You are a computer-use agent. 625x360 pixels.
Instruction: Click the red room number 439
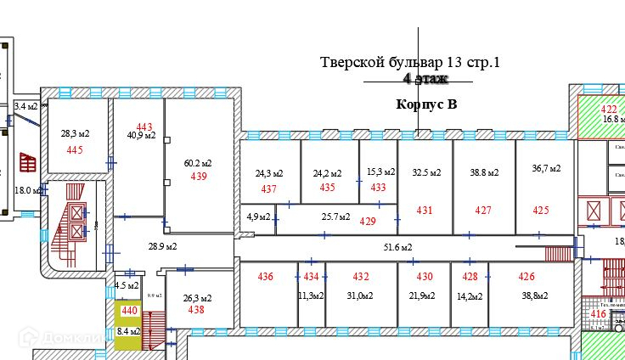199,177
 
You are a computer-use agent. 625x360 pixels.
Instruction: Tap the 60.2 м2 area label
198,163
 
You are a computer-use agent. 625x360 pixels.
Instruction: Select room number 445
75,149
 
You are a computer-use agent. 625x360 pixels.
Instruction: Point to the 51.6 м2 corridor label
397,247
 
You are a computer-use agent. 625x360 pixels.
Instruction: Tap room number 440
129,312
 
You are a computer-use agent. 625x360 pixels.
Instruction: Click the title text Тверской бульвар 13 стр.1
410,62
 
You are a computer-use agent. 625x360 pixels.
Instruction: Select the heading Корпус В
426,104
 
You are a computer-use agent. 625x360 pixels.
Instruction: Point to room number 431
425,210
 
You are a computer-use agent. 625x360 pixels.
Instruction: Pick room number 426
526,276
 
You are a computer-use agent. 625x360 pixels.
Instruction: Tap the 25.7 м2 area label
336,217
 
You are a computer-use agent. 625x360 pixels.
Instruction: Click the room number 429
368,221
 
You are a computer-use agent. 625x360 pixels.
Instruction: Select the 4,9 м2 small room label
258,217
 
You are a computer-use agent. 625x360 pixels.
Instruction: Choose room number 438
196,310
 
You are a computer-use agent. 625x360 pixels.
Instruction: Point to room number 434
312,276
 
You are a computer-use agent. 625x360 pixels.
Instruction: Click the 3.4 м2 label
26,106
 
